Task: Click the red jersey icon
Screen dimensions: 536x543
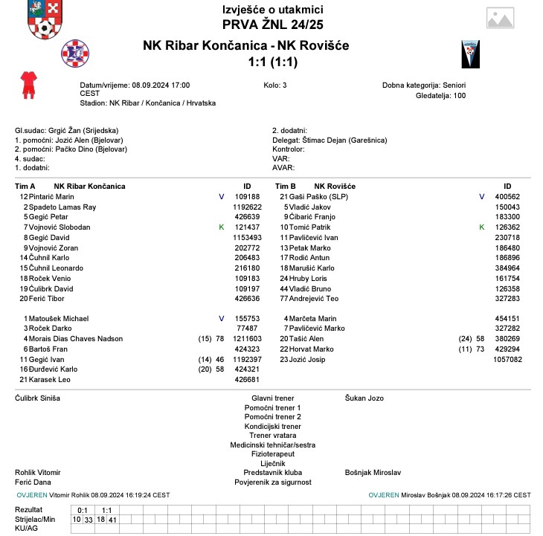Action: [x=28, y=85]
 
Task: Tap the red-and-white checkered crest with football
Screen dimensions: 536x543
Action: [x=45, y=20]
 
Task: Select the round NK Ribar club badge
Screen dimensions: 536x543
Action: [x=74, y=52]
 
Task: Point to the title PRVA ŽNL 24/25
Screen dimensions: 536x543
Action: [x=272, y=24]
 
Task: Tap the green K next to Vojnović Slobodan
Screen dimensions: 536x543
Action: [x=221, y=227]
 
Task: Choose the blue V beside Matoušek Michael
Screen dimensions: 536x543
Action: [x=221, y=318]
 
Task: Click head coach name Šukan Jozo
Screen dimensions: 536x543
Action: [x=364, y=398]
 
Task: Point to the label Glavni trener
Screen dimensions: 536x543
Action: [x=272, y=398]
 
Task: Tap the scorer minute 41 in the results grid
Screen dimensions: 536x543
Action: [x=112, y=519]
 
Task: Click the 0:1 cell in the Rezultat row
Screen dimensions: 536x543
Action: [x=83, y=509]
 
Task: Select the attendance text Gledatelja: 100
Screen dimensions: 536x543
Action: [x=440, y=95]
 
